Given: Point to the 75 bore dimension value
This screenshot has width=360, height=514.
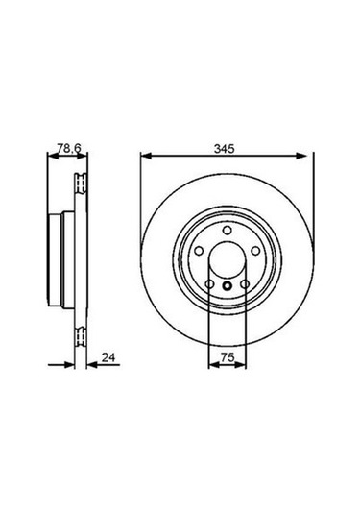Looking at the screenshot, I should [x=227, y=356].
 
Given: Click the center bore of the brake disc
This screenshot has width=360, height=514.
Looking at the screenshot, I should [x=227, y=260].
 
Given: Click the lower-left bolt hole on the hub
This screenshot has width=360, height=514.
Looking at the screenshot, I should [x=209, y=284].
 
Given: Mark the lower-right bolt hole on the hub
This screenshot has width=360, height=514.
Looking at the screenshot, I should [x=244, y=284].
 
